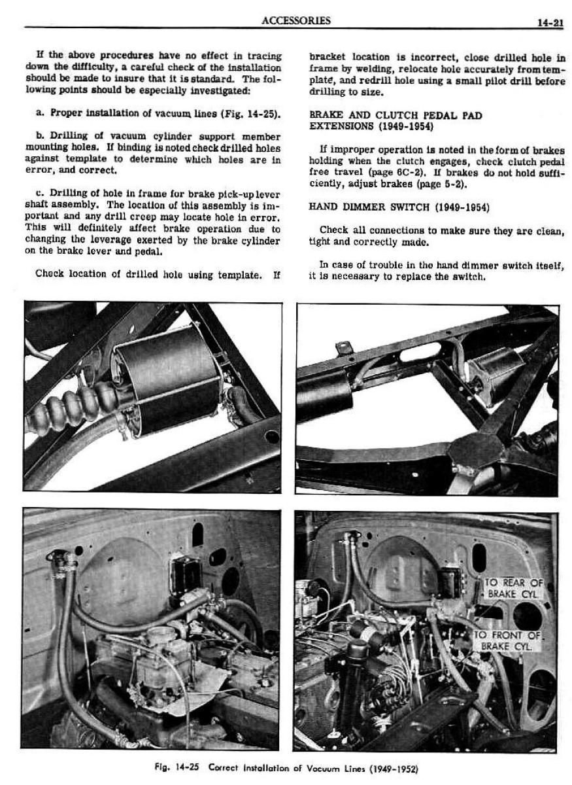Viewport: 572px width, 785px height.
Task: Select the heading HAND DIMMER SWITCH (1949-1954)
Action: coord(398,207)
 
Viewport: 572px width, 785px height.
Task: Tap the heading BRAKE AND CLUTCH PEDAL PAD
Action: coord(395,115)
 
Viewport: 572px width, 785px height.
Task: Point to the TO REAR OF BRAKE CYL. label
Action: coord(513,588)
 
